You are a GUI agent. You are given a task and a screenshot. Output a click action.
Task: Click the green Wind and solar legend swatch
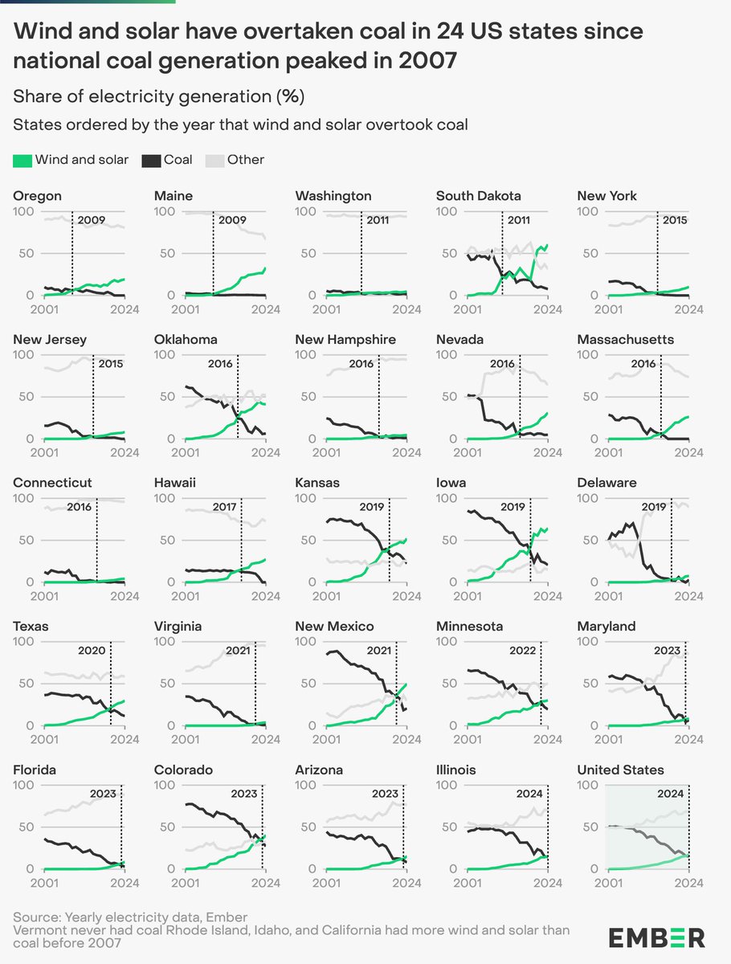[x=22, y=160]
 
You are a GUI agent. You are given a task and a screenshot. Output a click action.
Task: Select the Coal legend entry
[x=167, y=160]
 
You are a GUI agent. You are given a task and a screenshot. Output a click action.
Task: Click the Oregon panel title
[x=37, y=196]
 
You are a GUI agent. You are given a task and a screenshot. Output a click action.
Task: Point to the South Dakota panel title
[x=478, y=196]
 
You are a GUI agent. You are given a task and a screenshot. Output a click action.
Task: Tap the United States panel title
[x=620, y=770]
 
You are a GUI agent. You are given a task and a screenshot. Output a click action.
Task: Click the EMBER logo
[x=656, y=937]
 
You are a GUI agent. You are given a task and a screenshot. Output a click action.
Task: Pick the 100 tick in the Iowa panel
[x=447, y=498]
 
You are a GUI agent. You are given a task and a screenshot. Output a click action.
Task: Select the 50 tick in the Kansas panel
[x=309, y=540]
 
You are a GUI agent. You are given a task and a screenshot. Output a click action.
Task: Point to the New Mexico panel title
[x=334, y=626]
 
